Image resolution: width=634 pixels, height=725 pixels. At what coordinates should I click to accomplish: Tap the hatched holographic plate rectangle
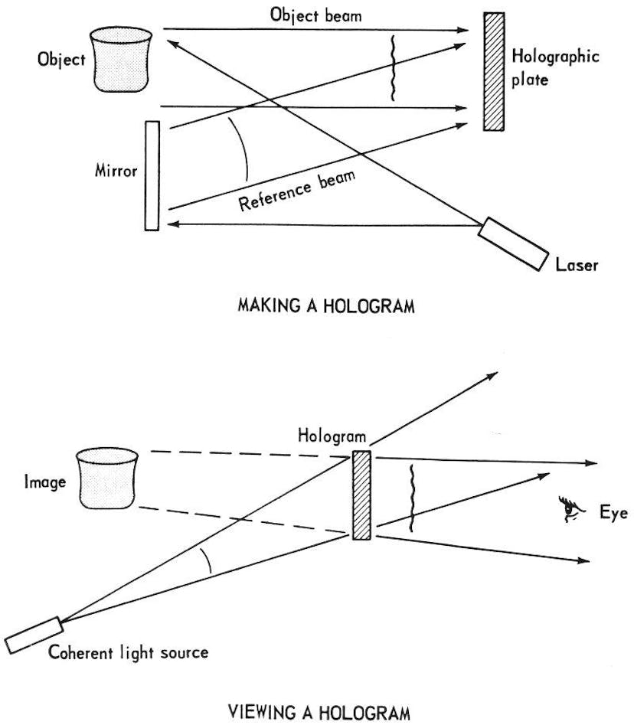tap(495, 71)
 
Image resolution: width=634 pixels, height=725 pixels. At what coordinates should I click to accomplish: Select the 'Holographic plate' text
tap(554, 68)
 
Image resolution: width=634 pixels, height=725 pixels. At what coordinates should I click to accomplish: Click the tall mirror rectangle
tap(151, 175)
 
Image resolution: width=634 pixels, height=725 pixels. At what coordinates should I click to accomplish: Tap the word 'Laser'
tap(577, 266)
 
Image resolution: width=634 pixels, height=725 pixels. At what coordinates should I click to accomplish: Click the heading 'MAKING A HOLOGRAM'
tap(326, 308)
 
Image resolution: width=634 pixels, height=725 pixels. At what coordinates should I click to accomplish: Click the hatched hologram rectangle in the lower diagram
tap(361, 495)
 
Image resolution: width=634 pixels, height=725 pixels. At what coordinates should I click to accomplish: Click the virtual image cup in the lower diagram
tap(106, 479)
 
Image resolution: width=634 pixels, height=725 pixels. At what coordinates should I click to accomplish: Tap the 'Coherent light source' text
tap(128, 653)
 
